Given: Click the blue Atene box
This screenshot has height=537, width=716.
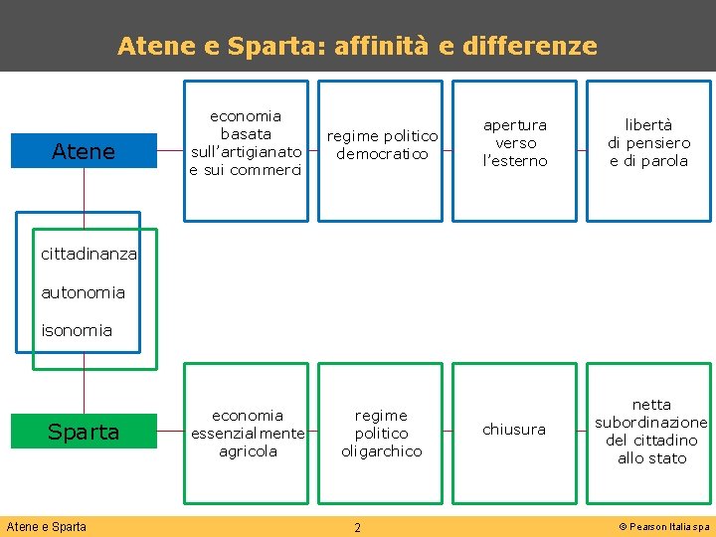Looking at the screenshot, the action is tap(84, 151).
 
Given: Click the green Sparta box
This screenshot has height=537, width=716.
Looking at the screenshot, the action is tap(84, 432).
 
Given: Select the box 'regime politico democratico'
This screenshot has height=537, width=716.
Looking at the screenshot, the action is tap(382, 145).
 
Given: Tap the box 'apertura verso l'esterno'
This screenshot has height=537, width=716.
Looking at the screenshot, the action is tap(515, 143).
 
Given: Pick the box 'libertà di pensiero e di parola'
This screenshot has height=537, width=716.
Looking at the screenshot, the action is tap(649, 143).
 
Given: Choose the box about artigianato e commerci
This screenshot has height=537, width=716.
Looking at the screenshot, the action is tap(247, 143).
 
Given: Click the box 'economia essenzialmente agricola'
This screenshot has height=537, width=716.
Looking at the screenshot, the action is tap(248, 433).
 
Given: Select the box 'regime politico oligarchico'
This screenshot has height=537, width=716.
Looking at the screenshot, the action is tap(382, 433).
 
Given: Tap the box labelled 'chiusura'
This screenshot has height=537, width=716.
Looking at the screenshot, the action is tap(514, 430).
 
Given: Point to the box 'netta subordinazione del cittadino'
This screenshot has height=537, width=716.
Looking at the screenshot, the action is tap(650, 432).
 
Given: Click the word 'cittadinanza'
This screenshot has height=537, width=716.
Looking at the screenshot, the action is tap(89, 255).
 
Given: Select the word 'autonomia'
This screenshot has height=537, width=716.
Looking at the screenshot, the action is tap(84, 292).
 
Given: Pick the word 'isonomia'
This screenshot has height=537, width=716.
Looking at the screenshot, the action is tap(77, 330).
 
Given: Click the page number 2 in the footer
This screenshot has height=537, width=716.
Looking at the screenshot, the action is tap(357, 527).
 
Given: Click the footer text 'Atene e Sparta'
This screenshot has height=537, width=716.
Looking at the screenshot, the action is tap(47, 527).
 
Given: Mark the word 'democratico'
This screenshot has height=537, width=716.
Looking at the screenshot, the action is tap(382, 154).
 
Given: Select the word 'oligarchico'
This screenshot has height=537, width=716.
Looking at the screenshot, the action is tap(382, 451).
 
